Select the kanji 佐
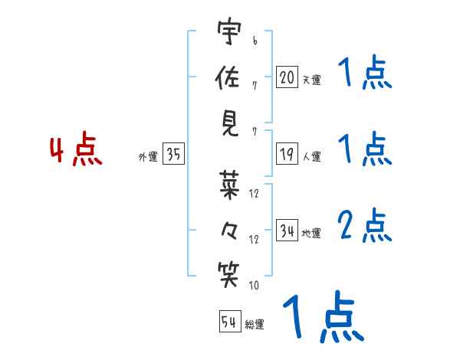[x=229, y=77]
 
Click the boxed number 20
[x=287, y=77]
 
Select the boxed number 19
[x=287, y=155]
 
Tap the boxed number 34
[x=287, y=231]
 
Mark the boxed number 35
[x=173, y=155]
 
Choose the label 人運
[x=311, y=157]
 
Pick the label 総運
[x=255, y=324]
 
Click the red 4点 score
[x=75, y=151]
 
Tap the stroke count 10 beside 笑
[x=254, y=286]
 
